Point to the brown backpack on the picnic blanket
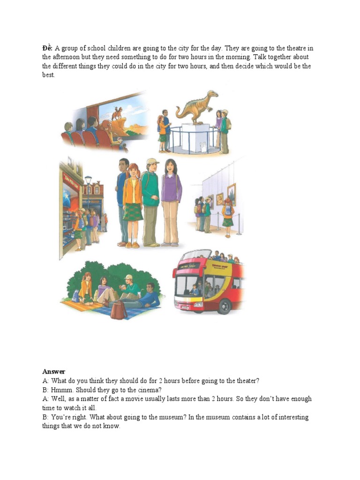(118, 309)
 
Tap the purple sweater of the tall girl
(171, 187)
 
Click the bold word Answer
(53, 372)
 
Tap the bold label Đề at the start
(47, 48)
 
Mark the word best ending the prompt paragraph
(48, 75)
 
